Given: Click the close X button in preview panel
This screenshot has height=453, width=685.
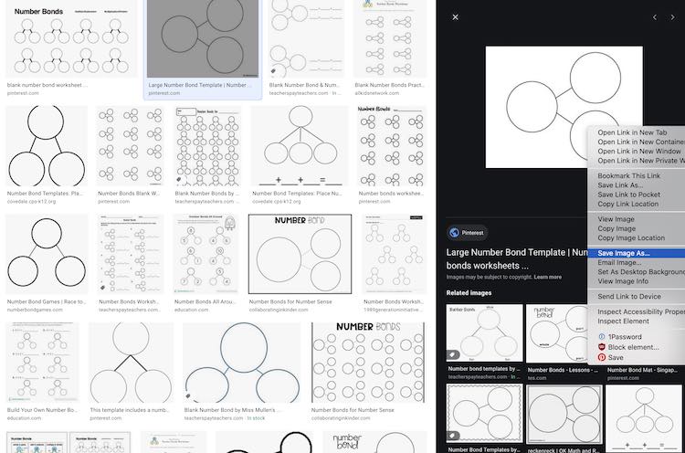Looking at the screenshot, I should coord(455,17).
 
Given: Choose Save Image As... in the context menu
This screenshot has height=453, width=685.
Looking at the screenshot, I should coord(624,253).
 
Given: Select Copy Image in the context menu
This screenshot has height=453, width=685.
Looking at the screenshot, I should coord(616,228).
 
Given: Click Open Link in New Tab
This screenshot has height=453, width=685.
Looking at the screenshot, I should coord(632,132).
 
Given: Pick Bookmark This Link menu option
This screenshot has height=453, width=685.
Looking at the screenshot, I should coord(628,175).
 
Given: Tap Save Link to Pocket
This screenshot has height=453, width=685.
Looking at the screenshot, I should coord(628,195).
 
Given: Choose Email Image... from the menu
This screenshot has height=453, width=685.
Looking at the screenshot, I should coord(619,262).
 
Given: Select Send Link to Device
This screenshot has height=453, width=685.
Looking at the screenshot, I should coord(629,297).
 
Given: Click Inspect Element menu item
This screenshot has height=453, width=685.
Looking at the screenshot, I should coord(624,321).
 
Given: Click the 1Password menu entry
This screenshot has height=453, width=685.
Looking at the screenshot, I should coord(624,337).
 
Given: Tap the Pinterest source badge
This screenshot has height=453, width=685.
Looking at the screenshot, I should coord(467,232).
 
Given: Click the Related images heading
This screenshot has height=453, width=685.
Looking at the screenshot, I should coord(469,293).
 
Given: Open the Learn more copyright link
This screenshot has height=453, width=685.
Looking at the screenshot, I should coord(548,277).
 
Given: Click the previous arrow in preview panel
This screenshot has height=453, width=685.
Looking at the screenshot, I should coord(654,17).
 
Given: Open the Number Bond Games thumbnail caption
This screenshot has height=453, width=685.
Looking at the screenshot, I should coord(46,300).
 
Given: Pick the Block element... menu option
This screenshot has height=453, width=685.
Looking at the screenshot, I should coord(633,347).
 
